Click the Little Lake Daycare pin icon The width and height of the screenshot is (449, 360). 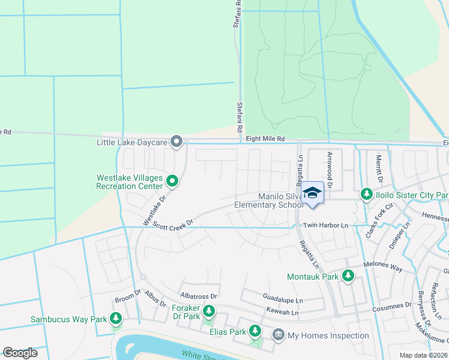click(176, 142)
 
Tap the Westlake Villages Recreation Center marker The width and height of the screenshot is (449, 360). click(172, 181)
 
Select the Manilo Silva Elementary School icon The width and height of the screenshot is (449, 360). click(312, 193)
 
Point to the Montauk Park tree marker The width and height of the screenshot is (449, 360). click(348, 276)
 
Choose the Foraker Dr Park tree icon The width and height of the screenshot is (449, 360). click(208, 311)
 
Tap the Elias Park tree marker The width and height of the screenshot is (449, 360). click(255, 331)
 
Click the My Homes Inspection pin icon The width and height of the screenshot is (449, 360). click(278, 334)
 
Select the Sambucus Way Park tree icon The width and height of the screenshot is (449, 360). click(116, 319)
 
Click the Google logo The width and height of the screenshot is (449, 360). click(20, 353)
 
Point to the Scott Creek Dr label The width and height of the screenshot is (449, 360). click(173, 224)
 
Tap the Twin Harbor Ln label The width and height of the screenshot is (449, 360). click(326, 225)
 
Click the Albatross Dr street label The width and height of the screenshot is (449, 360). click(199, 296)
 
